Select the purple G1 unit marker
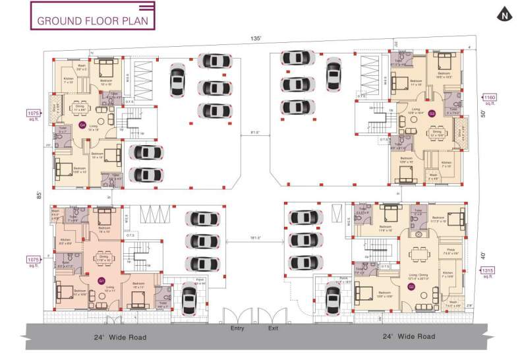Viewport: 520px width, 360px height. click(x=101, y=281)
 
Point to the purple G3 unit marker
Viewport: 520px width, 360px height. click(x=432, y=113)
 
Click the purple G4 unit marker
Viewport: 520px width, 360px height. click(x=82, y=124)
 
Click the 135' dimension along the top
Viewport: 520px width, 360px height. click(x=256, y=39)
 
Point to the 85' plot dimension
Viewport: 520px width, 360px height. click(x=39, y=195)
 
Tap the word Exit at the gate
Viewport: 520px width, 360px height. click(x=273, y=328)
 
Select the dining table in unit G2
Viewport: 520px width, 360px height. click(x=419, y=254)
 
